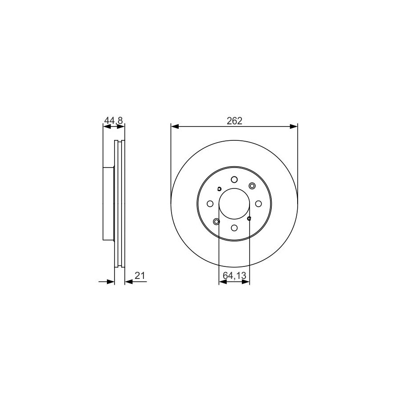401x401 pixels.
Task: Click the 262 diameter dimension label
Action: (x=234, y=121)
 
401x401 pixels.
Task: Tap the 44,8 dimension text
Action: (x=114, y=120)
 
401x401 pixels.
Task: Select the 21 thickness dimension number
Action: (x=140, y=276)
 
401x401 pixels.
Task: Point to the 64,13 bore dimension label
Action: (x=234, y=276)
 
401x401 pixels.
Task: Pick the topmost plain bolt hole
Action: (x=234, y=180)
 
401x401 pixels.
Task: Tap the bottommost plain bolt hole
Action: (x=234, y=228)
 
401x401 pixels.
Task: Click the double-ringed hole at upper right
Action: (x=252, y=186)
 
